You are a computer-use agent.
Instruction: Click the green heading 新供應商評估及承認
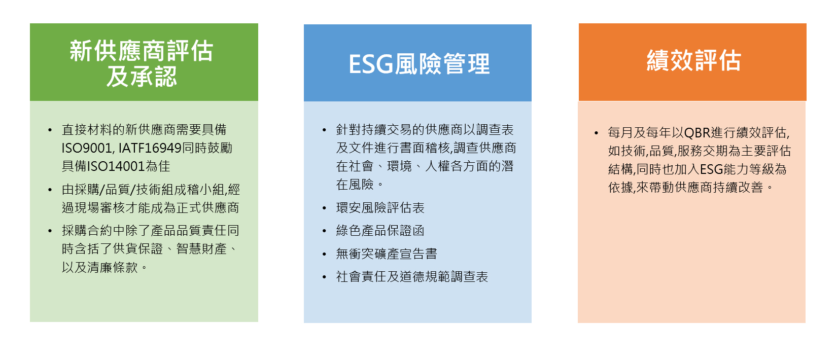(x=142, y=63)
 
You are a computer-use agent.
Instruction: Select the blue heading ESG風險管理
(x=419, y=64)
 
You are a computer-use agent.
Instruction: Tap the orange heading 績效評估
(x=693, y=60)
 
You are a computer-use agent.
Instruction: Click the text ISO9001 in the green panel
(x=87, y=148)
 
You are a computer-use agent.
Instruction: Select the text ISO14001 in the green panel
(x=116, y=166)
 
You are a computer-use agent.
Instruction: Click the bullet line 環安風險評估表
(x=380, y=208)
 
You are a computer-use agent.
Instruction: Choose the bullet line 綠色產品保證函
(x=380, y=231)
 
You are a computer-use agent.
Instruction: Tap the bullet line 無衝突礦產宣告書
(x=386, y=254)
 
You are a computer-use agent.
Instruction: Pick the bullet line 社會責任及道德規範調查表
(x=411, y=277)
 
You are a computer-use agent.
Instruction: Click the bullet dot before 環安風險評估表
(x=324, y=208)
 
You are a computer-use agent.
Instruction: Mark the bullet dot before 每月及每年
(x=596, y=133)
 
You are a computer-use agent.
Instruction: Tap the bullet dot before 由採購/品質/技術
(x=50, y=190)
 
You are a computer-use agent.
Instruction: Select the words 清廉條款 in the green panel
(x=112, y=268)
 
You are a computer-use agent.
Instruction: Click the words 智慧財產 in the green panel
(x=201, y=249)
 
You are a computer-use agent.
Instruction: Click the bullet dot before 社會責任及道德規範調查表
(x=324, y=277)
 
